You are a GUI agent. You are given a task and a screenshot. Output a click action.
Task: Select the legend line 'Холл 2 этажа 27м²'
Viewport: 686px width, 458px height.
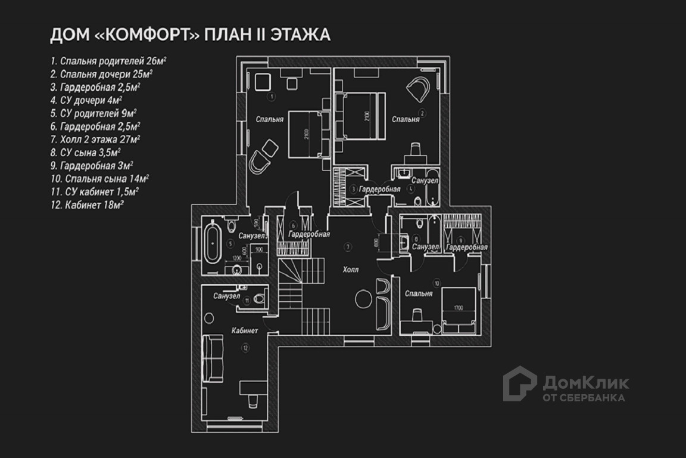(x=95, y=139)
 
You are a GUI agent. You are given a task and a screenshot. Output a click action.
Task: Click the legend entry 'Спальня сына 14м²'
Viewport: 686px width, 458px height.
(x=99, y=178)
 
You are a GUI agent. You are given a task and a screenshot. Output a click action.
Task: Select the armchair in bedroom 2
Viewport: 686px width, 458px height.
(x=419, y=89)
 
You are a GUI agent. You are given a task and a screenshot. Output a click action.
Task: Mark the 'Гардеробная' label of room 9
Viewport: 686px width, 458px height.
(x=467, y=247)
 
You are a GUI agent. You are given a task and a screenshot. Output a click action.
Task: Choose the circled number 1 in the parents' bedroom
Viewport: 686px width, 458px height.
(x=272, y=95)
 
